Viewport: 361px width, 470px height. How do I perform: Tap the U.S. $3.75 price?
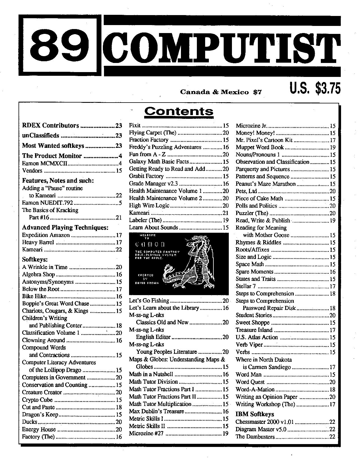click(x=315, y=88)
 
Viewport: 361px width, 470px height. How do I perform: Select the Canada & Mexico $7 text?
click(x=221, y=92)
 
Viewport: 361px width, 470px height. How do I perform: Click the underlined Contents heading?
click(x=179, y=111)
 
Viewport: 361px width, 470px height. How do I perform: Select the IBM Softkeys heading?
click(x=255, y=414)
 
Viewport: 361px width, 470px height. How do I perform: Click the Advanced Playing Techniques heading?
click(x=65, y=227)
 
